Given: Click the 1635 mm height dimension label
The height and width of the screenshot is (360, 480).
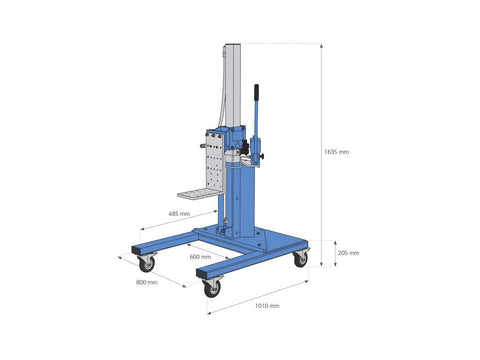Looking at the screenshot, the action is [337, 152].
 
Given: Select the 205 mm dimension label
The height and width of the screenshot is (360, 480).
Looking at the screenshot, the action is [349, 253].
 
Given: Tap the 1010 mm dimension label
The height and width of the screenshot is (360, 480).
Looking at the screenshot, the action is [267, 306].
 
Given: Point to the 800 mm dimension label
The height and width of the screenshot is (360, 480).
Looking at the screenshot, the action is [147, 282].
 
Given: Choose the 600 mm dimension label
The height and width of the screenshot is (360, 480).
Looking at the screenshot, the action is [200, 257].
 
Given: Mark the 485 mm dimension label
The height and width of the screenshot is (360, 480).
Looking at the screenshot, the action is [179, 214].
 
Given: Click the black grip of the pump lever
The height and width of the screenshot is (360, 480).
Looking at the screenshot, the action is [256, 92].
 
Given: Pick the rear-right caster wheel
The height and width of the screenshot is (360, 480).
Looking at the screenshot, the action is [300, 259].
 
